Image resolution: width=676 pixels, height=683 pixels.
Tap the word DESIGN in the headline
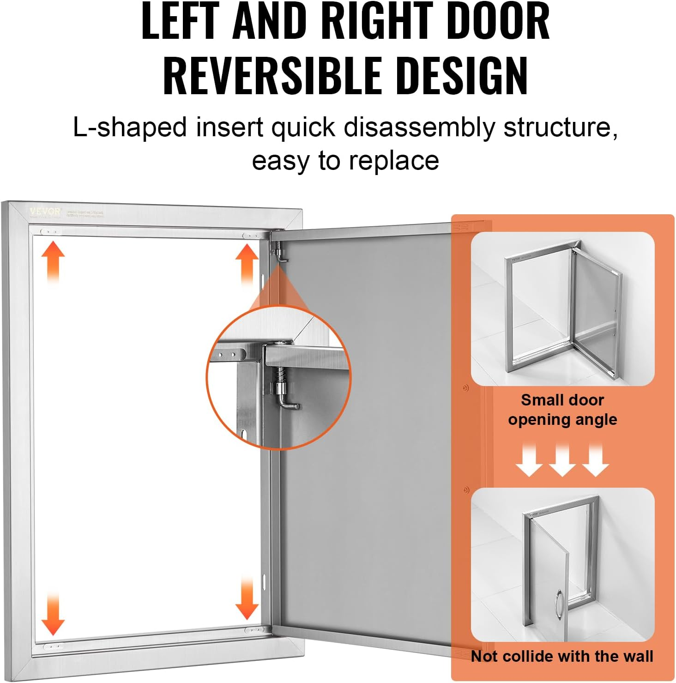[x=462, y=75]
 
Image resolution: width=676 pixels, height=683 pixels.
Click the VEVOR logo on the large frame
[x=45, y=212]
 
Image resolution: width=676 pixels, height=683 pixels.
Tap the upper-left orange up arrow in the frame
[x=53, y=261]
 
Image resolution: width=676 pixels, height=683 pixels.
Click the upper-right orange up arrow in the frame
[x=247, y=264]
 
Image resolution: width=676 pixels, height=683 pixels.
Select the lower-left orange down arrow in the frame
[x=53, y=614]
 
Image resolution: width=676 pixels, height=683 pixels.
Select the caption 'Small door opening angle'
[x=562, y=410]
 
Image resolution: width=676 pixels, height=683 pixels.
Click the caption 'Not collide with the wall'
[x=562, y=656]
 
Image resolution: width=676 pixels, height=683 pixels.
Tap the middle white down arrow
[x=562, y=460]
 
